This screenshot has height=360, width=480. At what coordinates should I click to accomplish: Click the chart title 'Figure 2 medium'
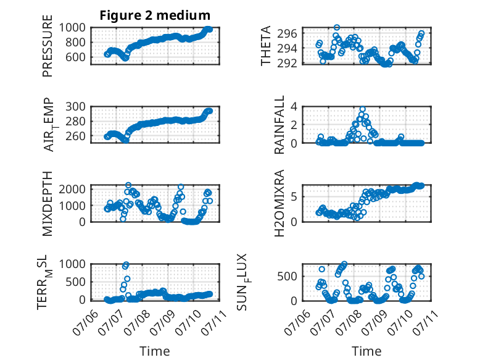tap(155, 15)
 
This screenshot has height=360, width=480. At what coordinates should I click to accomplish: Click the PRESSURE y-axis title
tap(48, 46)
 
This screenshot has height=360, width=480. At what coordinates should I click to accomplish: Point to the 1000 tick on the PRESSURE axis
tap(72, 28)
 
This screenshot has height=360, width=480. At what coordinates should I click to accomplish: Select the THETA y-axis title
tap(266, 46)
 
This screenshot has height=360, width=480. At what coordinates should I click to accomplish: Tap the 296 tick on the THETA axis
tap(287, 33)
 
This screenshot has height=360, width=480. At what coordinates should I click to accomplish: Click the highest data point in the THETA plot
tap(337, 28)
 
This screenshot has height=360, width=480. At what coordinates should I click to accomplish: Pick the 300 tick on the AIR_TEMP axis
tap(75, 107)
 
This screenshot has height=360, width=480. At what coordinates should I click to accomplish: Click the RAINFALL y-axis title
tap(279, 125)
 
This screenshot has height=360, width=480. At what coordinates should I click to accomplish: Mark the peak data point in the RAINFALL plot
tap(362, 109)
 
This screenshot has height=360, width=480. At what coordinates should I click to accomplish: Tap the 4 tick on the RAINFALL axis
tap(294, 107)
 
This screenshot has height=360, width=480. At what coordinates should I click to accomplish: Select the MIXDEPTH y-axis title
tap(48, 203)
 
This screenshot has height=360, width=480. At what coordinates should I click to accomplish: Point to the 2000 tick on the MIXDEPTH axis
tap(72, 189)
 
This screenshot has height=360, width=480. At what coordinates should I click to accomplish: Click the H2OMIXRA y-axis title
tap(279, 203)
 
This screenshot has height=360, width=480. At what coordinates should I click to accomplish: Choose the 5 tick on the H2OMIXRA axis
tap(294, 197)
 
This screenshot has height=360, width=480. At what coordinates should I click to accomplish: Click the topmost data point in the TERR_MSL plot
tap(126, 264)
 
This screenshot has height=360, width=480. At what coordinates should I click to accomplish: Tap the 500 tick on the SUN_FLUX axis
tap(287, 277)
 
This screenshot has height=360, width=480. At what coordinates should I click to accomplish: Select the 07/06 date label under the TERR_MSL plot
tap(85, 322)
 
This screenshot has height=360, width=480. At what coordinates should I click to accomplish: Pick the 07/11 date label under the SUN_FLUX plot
tap(425, 322)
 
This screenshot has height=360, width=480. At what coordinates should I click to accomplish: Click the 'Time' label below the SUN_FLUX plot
tap(366, 351)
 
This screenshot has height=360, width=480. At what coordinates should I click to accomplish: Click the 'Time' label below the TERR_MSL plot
tap(155, 351)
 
